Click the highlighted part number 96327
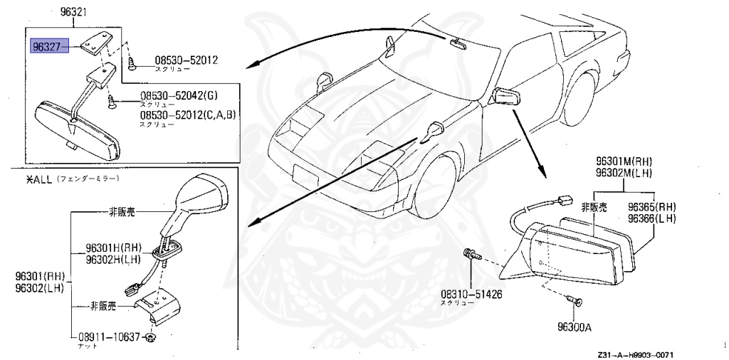(48, 47)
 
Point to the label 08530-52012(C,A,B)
(187, 115)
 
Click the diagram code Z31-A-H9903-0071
(636, 354)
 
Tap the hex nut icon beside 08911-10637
(151, 337)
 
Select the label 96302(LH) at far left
(39, 287)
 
